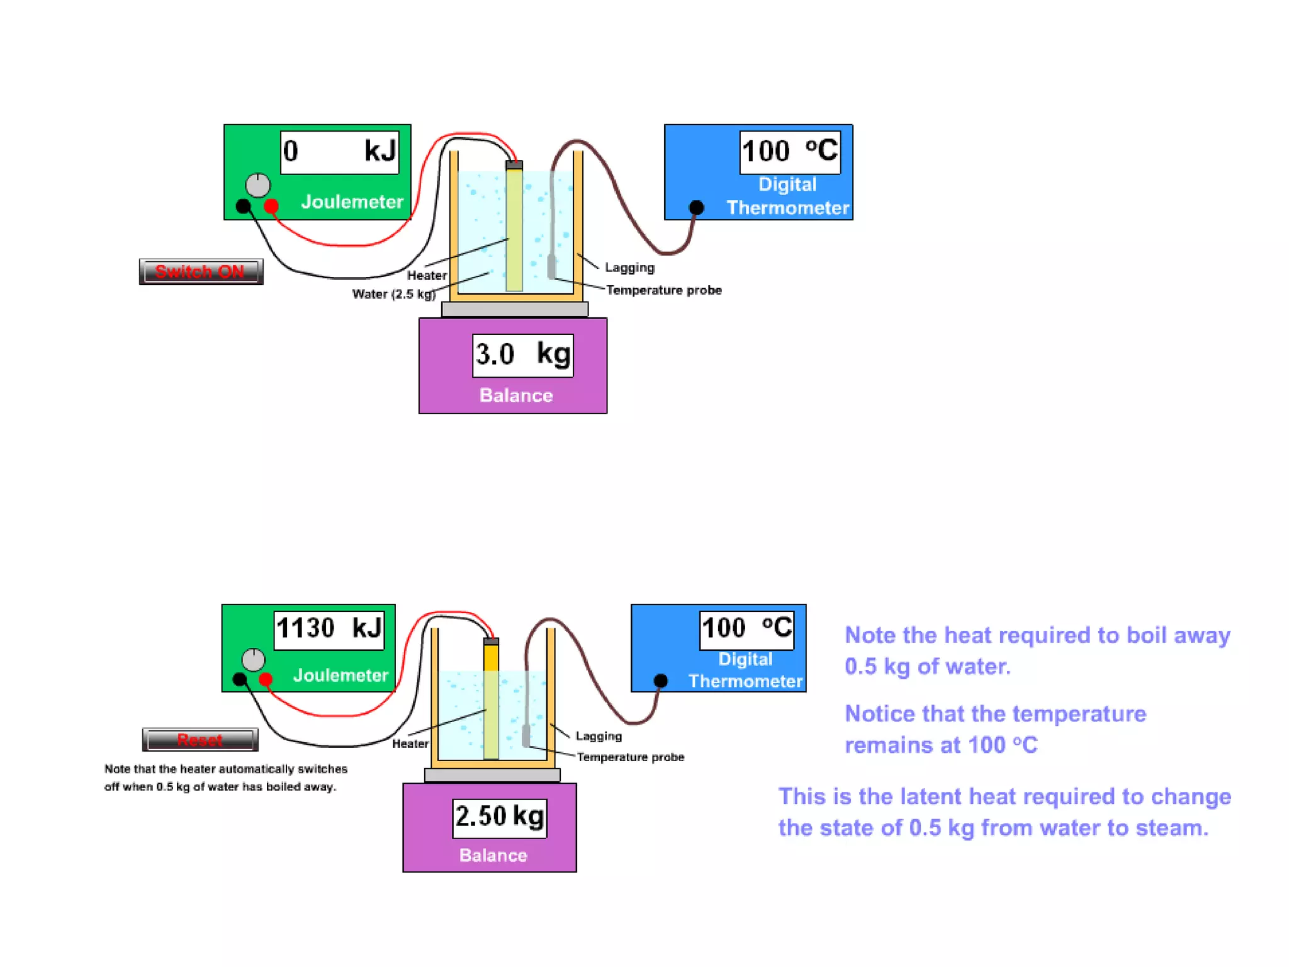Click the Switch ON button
click(x=201, y=271)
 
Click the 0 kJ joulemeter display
click(x=340, y=152)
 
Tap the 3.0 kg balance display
click(x=522, y=355)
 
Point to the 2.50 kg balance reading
click(x=500, y=817)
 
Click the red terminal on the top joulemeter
click(x=271, y=206)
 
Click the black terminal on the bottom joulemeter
click(x=240, y=679)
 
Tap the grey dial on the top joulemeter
click(x=257, y=185)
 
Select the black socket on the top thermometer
click(x=696, y=207)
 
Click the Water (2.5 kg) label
click(x=393, y=294)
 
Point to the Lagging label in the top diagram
click(x=629, y=268)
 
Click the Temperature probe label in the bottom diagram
click(x=630, y=757)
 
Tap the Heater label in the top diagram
click(x=427, y=275)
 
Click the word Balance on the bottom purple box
click(x=493, y=855)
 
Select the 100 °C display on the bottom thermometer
click(x=747, y=628)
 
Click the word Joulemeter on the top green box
click(x=352, y=201)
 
